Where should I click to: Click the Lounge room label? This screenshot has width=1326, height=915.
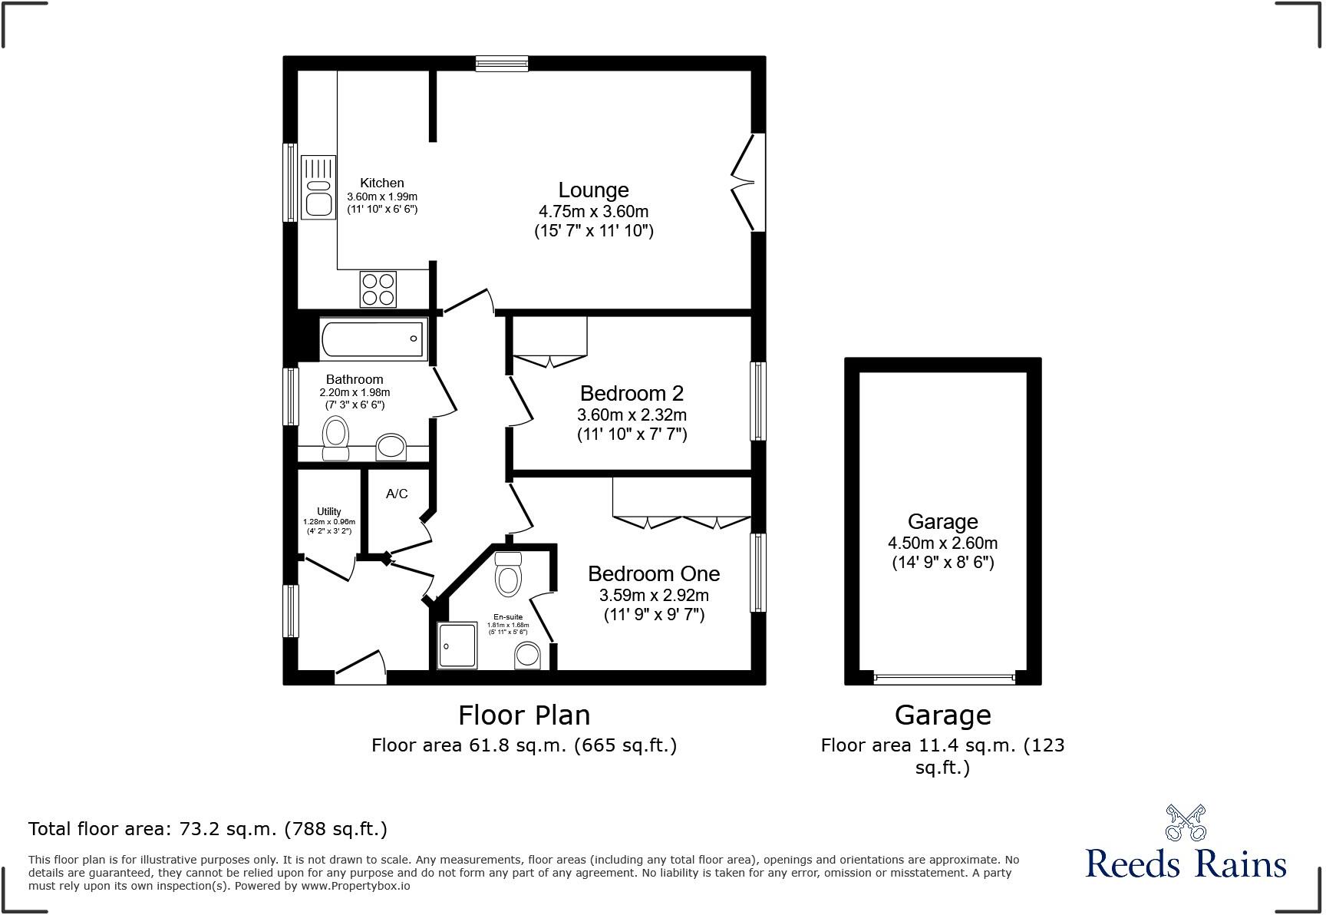(593, 190)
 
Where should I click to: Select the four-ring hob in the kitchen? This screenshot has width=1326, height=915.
(378, 289)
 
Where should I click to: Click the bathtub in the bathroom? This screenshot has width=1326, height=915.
(374, 339)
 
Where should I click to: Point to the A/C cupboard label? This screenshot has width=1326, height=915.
(397, 494)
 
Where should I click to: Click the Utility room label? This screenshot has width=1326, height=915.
(328, 511)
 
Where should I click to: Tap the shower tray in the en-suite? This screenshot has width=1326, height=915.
(457, 645)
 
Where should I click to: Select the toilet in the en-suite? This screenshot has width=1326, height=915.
(508, 576)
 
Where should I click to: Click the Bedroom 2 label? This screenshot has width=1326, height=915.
(632, 394)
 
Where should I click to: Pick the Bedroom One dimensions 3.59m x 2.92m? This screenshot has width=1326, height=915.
(654, 595)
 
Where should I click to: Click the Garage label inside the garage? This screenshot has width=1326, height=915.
(942, 522)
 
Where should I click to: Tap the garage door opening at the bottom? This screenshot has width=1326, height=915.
(944, 679)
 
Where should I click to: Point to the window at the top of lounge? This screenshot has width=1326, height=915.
(501, 64)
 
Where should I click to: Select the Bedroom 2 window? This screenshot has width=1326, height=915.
(757, 401)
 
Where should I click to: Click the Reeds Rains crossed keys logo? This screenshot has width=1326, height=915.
(1186, 822)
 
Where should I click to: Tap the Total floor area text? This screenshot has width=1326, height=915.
(207, 829)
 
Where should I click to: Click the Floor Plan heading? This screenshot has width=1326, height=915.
(524, 715)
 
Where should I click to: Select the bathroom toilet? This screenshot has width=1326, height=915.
(335, 438)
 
